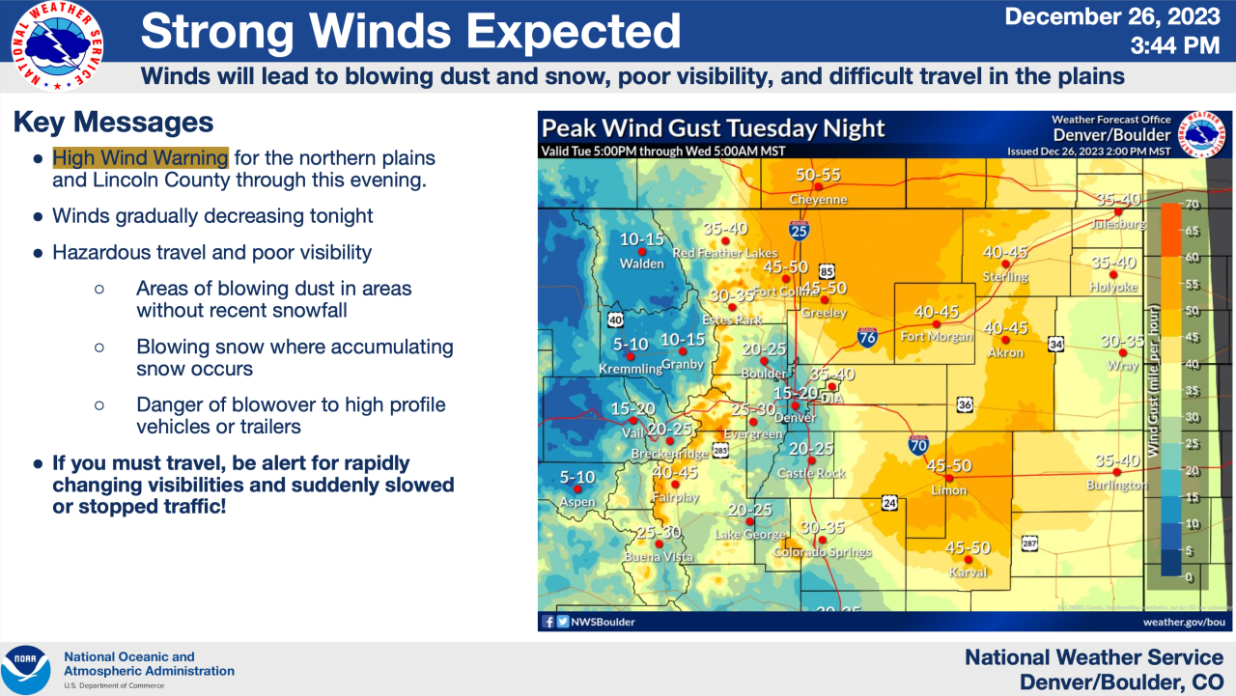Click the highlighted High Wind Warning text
click(x=140, y=157)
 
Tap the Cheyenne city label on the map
click(x=818, y=200)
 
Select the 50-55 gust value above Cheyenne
click(x=818, y=176)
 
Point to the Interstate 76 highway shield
click(x=866, y=336)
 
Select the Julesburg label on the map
click(x=1117, y=224)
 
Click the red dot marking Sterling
click(x=1005, y=264)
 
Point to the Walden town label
click(x=641, y=264)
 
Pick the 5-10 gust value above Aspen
click(x=577, y=477)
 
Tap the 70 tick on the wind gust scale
click(x=1191, y=205)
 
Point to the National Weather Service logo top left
click(x=58, y=45)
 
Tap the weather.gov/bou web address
click(x=1183, y=622)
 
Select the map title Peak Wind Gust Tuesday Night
click(x=713, y=128)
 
